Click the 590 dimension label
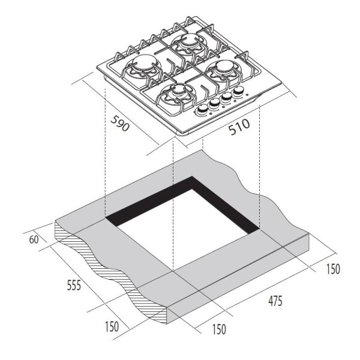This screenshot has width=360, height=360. pos(120,123)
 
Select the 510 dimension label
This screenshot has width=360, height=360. pos(239,127)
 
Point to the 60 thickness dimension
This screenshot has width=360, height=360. pos(34,239)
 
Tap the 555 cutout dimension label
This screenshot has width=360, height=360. pos(74,286)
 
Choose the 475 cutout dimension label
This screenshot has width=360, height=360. pos(275,301)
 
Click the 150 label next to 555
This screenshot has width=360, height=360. pos(112,326)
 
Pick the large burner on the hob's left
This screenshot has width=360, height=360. pos(143,65)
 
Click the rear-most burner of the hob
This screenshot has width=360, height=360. pos(189,43)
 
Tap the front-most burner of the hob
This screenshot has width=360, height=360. pos(177,94)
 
